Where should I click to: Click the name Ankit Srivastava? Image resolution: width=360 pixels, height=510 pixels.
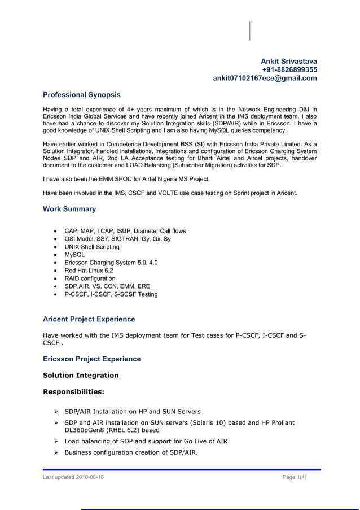click(288, 60)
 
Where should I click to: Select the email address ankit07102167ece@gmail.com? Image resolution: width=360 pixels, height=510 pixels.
click(265, 79)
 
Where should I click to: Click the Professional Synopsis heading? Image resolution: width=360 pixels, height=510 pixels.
click(82, 94)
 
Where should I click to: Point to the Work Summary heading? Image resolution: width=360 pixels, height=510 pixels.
click(69, 209)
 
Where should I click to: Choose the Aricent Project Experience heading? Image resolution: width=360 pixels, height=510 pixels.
click(89, 319)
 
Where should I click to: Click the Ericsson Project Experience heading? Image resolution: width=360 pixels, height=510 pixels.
click(92, 359)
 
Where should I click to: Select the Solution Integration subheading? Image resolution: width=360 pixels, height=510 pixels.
click(81, 375)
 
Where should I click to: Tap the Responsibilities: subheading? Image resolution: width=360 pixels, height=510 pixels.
click(73, 391)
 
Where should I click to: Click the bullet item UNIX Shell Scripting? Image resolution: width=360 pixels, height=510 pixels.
click(92, 247)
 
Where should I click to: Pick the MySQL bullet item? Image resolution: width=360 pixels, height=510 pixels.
click(75, 255)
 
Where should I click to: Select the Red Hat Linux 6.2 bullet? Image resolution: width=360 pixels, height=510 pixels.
click(89, 271)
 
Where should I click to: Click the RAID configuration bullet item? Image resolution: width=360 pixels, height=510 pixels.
click(90, 278)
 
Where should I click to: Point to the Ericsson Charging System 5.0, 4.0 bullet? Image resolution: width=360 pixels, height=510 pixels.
click(111, 263)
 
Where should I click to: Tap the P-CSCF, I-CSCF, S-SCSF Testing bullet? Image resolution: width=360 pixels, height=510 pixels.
click(111, 294)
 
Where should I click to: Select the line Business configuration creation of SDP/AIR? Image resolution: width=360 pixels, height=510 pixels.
click(131, 452)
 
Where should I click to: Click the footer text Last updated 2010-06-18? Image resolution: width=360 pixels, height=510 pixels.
click(73, 478)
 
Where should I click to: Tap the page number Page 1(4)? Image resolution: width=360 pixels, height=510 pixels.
click(295, 478)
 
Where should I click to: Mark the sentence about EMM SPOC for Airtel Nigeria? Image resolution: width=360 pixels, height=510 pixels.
click(126, 179)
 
